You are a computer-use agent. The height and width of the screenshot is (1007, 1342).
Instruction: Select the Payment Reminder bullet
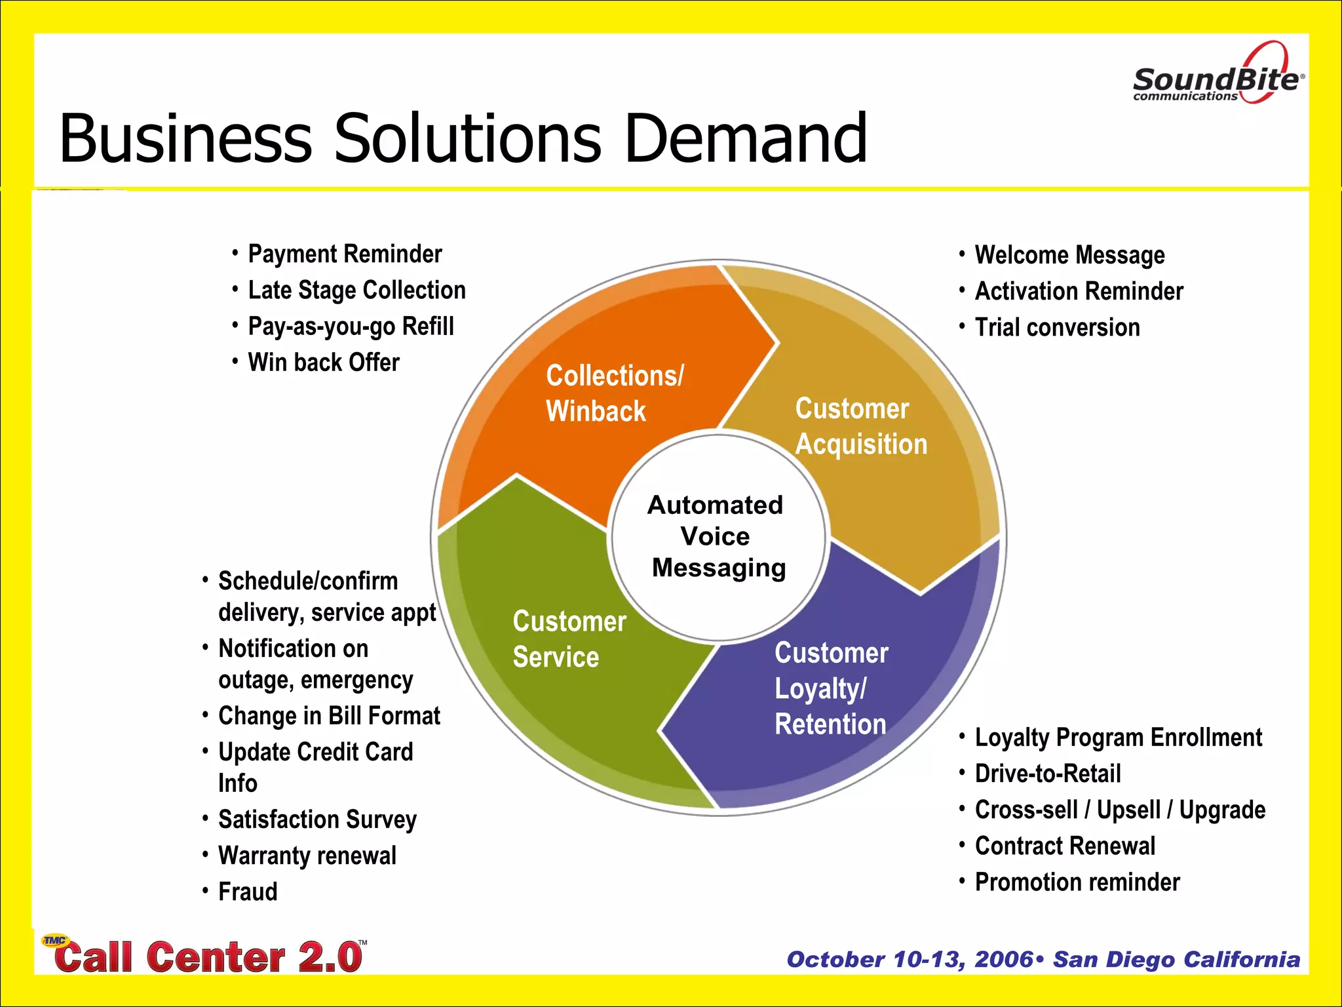coord(345,254)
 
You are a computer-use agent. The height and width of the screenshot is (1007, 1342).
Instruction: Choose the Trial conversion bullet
coord(1057,328)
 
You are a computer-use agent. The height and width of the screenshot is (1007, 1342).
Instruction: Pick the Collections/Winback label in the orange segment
coord(614,393)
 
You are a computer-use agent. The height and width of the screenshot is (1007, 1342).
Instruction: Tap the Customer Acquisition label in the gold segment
coord(860,426)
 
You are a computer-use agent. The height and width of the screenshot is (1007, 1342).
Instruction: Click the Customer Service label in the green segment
coord(569,639)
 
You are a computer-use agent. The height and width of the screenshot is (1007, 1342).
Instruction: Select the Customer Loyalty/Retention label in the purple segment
coord(831,688)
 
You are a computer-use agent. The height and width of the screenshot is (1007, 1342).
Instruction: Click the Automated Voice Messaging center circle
coord(718,536)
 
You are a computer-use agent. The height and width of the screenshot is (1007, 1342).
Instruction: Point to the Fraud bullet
coord(248,892)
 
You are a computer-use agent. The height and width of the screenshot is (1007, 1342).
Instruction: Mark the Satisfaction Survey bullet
coord(317,820)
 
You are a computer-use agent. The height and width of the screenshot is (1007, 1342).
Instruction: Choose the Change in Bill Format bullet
coord(329,717)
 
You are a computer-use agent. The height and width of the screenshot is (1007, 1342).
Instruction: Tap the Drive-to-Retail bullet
coord(1047,774)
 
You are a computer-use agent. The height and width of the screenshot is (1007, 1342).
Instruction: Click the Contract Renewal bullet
coord(1065,846)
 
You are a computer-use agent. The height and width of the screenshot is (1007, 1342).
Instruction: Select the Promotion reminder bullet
coord(1077,882)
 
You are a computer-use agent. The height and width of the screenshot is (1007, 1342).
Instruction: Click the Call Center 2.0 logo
coord(206,956)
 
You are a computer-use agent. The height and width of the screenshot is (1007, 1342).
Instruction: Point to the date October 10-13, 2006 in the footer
coord(910,960)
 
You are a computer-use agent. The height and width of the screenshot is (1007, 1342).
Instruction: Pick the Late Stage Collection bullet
coord(356,290)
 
